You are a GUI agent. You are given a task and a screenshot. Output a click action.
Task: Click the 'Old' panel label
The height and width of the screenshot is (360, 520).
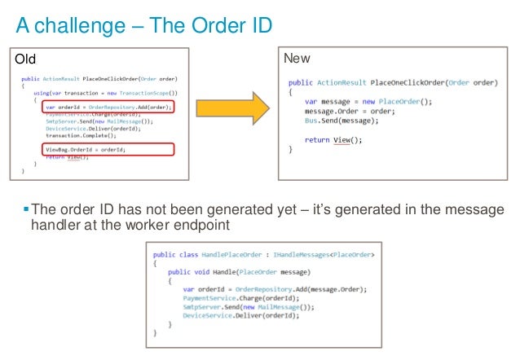26,59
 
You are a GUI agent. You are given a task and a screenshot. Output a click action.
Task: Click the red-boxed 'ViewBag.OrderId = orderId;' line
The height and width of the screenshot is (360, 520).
86,149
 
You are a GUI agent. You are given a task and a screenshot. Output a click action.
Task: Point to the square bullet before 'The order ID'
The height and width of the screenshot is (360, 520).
25,209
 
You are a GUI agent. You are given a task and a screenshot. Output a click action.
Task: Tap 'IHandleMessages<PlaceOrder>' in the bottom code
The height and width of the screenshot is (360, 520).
327,255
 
